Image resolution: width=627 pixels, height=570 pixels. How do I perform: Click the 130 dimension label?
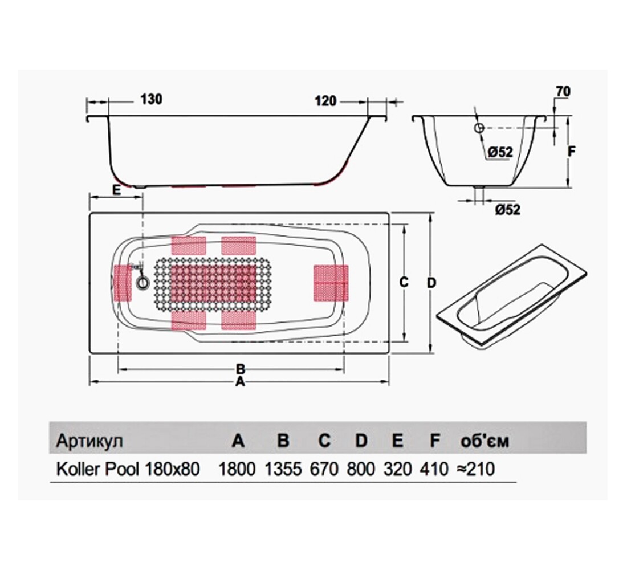(x=151, y=99)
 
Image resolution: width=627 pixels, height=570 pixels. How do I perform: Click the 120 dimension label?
(x=325, y=101)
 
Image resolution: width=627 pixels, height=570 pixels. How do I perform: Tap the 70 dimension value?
(x=563, y=91)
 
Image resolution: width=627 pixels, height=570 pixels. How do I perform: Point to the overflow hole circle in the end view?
(x=479, y=128)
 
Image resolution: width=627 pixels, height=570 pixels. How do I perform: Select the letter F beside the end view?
(x=572, y=152)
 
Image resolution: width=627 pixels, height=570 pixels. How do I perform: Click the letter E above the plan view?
(x=116, y=190)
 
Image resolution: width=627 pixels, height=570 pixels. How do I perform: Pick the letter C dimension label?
(x=404, y=282)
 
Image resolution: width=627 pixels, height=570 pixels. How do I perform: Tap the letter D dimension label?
(x=431, y=283)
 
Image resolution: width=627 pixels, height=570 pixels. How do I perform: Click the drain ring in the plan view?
(x=142, y=283)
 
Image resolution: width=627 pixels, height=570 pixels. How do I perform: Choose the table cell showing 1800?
(x=237, y=469)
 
